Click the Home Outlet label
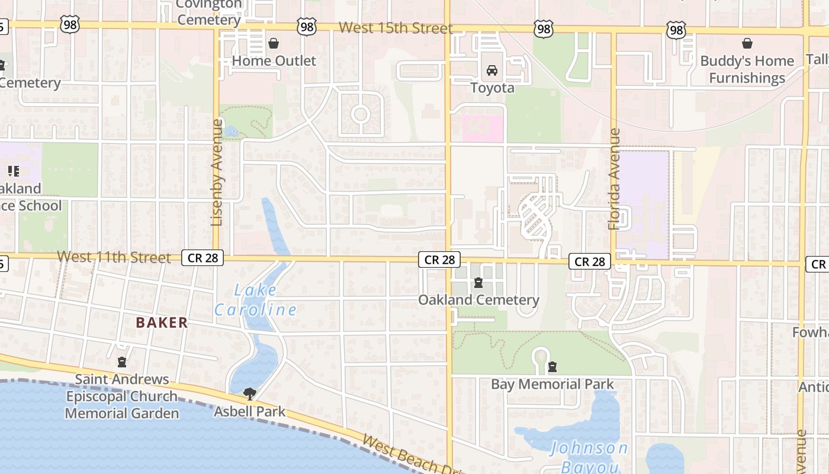tap(274, 60)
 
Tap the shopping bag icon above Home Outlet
tap(274, 43)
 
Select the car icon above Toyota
tap(491, 71)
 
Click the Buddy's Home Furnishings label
tap(747, 69)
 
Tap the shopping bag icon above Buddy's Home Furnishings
tap(747, 43)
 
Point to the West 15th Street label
tap(396, 28)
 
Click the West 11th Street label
tap(114, 257)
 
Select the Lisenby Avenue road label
tap(217, 172)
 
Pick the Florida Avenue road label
tap(614, 179)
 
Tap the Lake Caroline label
tap(255, 300)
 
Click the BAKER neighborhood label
tap(162, 323)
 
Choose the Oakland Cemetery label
tap(478, 300)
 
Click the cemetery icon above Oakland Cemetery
tap(478, 283)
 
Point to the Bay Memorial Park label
tap(552, 384)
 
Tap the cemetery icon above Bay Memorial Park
tap(552, 367)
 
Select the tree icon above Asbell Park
tap(250, 393)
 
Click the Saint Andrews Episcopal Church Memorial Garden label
tap(122, 396)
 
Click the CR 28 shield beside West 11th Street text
tap(203, 258)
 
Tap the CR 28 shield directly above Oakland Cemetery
tap(439, 260)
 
